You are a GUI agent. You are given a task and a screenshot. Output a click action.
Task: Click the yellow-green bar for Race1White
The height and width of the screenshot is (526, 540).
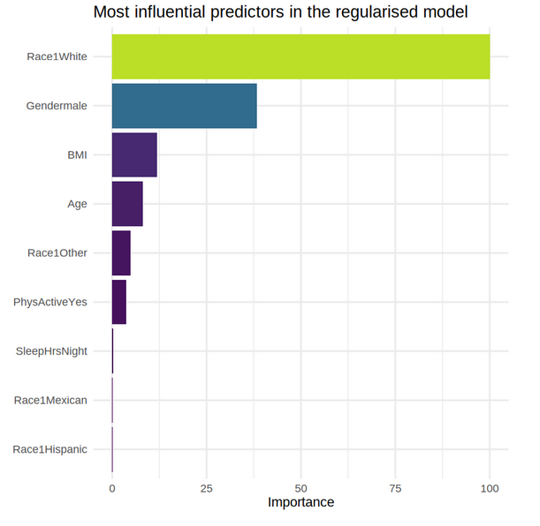pos(300,56)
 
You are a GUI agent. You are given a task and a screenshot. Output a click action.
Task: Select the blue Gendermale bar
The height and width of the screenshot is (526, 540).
pos(184,106)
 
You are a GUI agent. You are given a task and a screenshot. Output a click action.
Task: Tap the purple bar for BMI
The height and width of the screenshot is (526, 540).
pos(134,155)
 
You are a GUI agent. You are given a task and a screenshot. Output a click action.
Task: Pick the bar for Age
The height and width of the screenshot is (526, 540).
pos(127,204)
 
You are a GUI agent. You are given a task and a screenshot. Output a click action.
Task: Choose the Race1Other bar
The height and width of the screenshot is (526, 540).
pos(121,253)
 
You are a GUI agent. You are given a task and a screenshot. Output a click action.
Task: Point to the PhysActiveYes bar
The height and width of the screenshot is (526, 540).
pos(119,302)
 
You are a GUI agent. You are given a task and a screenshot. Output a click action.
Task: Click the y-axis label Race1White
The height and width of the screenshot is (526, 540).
pos(57,56)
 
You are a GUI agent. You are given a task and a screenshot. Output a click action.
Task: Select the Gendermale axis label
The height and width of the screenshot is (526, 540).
pos(57,106)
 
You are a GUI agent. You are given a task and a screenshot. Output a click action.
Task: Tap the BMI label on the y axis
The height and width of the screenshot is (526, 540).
pos(77,155)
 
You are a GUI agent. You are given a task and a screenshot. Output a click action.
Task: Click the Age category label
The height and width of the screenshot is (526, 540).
pos(77,204)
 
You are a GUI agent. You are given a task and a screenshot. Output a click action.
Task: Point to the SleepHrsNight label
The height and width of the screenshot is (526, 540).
pos(51,351)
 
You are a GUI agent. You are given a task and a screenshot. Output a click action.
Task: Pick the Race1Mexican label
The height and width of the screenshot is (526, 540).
pos(50,400)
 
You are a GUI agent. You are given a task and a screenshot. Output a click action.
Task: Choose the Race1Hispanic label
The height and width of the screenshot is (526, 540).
pos(50,449)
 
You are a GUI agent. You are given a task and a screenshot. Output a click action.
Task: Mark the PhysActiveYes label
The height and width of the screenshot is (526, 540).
pos(50,302)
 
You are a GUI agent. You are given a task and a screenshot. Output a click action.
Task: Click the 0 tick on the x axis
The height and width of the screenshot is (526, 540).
pos(112,489)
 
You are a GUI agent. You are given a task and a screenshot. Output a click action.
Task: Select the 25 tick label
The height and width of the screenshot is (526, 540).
pos(207,489)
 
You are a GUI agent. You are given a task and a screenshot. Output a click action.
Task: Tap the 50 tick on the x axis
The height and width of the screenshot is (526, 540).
pos(301,489)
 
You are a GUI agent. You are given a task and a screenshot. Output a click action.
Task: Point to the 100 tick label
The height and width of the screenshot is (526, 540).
pos(490,489)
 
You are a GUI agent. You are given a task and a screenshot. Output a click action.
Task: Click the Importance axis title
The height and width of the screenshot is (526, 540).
pos(301,503)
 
